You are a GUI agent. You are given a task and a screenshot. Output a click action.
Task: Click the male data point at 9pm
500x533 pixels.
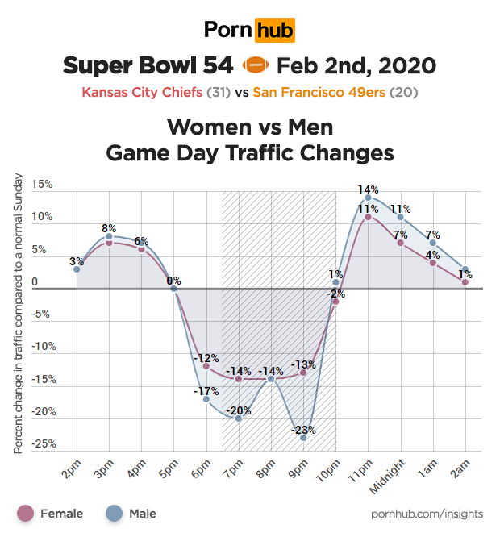pyautogui.click(x=303, y=437)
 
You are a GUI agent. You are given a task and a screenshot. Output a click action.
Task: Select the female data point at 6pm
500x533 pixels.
pyautogui.click(x=206, y=366)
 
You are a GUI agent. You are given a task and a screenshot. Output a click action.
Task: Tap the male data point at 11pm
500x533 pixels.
pyautogui.click(x=368, y=198)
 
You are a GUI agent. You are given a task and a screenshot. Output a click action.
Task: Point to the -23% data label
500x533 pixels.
pyautogui.click(x=303, y=429)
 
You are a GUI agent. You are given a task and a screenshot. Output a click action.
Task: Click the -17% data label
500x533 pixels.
pyautogui.click(x=206, y=391)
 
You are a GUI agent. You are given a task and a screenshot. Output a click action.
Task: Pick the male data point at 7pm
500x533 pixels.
pyautogui.click(x=239, y=418)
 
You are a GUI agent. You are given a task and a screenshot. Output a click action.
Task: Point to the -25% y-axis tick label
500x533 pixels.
pyautogui.click(x=40, y=444)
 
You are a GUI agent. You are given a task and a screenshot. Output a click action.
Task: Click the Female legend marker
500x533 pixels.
pyautogui.click(x=26, y=513)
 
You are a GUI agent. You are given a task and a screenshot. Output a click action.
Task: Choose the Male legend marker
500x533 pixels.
pyautogui.click(x=115, y=513)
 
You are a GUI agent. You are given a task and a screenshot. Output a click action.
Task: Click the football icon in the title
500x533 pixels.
pyautogui.click(x=253, y=65)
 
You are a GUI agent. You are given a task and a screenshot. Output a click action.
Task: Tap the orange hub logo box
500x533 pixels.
pyautogui.click(x=274, y=31)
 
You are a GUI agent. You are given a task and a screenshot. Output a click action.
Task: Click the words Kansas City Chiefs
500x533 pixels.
pyautogui.click(x=142, y=92)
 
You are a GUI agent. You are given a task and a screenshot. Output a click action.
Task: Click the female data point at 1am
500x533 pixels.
pyautogui.click(x=433, y=262)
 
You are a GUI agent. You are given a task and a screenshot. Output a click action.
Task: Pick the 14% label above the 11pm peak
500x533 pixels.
pyautogui.click(x=368, y=189)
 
